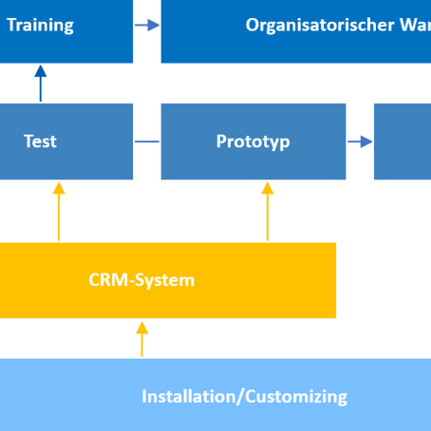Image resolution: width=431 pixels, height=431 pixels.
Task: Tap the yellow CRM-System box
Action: (x=166, y=280)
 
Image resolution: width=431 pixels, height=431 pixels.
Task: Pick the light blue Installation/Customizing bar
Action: (x=215, y=395)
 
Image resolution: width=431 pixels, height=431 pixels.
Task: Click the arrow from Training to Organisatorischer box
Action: (x=147, y=26)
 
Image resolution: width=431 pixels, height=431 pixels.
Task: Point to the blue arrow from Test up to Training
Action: (x=40, y=84)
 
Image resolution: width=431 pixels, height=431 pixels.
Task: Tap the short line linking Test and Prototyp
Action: (x=147, y=142)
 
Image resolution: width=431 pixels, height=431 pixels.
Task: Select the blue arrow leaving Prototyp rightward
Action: (x=360, y=142)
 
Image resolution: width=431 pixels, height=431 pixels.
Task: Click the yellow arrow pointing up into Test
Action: (x=59, y=210)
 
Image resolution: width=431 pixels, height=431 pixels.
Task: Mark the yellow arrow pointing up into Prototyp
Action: (x=268, y=210)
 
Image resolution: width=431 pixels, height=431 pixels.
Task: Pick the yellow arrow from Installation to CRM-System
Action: (x=141, y=338)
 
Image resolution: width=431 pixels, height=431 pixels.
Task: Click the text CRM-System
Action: (x=141, y=280)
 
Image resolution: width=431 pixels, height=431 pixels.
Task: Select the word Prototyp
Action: (x=253, y=141)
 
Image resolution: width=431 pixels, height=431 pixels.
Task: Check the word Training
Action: (x=40, y=26)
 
